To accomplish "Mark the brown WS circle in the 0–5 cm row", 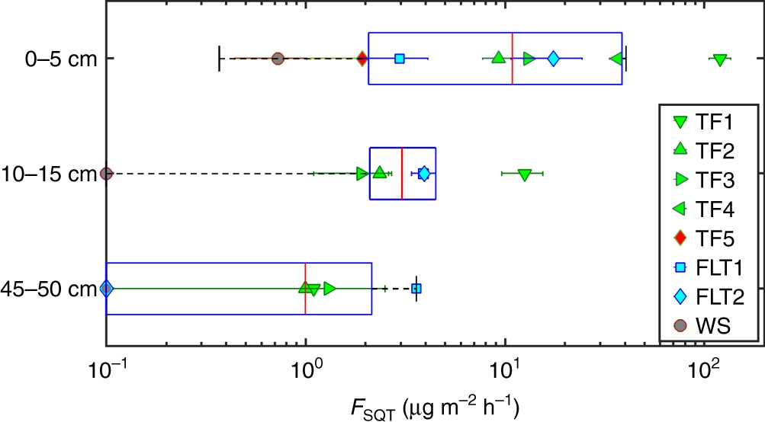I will pos(278,59).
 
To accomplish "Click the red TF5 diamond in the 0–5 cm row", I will pos(362,59).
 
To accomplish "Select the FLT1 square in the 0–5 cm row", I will pos(399,59).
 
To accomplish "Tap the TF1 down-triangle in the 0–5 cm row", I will pos(719,59).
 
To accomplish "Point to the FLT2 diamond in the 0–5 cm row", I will pos(554,59).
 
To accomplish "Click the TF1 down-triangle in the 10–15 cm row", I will pos(524,174).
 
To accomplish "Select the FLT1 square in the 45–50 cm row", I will pos(416,289).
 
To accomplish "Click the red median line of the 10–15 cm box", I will pos(402,174).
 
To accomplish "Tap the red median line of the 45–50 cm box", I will pos(305,289).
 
